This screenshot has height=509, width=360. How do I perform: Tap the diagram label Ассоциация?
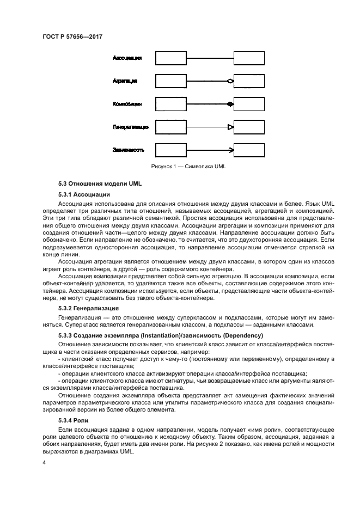(x=127, y=58)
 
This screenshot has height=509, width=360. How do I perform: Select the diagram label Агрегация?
(x=125, y=81)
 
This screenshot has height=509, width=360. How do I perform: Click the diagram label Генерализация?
(x=131, y=127)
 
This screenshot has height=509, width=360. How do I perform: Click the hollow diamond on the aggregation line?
(x=230, y=81)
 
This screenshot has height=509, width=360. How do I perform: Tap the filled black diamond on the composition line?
(x=230, y=104)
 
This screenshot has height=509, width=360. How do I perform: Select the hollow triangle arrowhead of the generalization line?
(x=230, y=127)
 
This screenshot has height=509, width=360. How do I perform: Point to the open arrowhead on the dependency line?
(x=231, y=150)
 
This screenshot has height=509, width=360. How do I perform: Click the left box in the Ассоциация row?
(x=171, y=58)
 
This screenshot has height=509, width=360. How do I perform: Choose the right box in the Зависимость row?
(x=249, y=150)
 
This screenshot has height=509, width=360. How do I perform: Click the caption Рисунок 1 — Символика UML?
(x=185, y=167)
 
